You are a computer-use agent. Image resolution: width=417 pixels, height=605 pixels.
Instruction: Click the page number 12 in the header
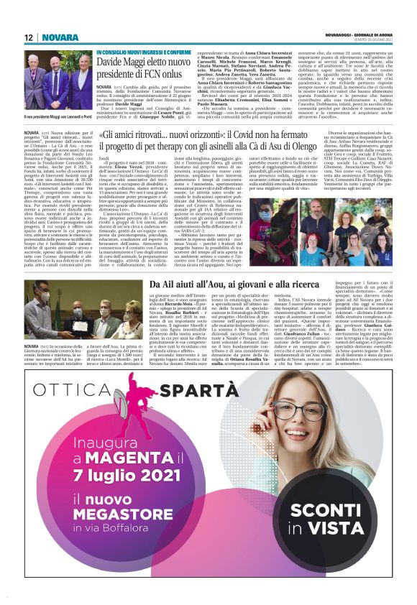pyautogui.click(x=29, y=37)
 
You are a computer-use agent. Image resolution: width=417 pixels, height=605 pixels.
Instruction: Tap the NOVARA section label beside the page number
pyautogui.click(x=60, y=37)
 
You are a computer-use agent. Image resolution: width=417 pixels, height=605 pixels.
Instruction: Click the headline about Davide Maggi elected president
pyautogui.click(x=148, y=69)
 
